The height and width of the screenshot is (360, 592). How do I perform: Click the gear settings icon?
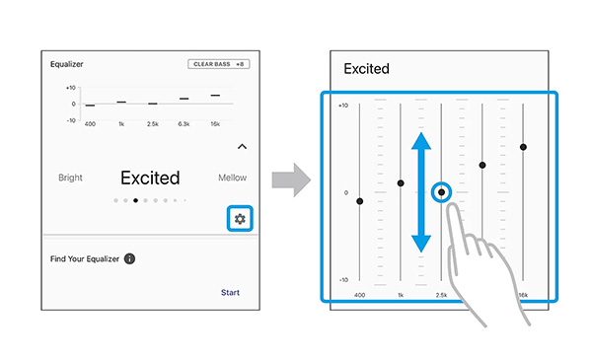(240, 219)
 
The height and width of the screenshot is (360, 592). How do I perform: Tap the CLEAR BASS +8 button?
(219, 64)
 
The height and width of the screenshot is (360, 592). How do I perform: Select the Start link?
(230, 293)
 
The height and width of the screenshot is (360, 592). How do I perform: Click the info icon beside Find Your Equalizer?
(129, 258)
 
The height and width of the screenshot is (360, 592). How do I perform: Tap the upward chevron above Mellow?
(242, 146)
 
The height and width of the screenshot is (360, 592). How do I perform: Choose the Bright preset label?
(70, 178)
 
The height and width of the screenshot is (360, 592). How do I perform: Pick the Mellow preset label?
(232, 178)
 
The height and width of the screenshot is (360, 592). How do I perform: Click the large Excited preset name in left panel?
(150, 178)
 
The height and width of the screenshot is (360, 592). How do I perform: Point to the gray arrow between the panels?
(291, 180)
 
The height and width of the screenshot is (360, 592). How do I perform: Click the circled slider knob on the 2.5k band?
(441, 192)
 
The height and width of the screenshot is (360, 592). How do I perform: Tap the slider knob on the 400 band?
(360, 201)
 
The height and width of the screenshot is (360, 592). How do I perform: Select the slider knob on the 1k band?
(401, 183)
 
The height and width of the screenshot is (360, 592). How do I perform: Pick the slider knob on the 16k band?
(523, 147)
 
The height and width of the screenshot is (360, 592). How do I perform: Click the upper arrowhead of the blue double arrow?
(421, 141)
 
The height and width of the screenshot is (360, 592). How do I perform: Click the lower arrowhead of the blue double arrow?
(421, 244)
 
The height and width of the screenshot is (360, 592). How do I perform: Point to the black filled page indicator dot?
(135, 200)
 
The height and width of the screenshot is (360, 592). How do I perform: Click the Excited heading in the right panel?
(366, 69)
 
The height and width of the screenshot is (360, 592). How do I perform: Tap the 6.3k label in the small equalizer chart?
(184, 123)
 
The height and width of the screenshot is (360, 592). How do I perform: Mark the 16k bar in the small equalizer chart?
(215, 96)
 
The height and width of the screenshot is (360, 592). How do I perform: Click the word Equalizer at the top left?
(67, 64)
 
